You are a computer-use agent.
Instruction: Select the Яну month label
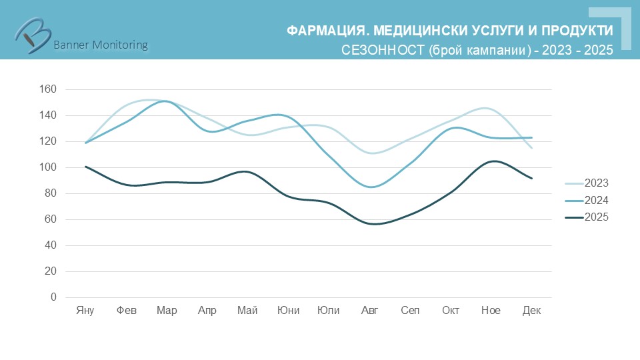click(x=85, y=311)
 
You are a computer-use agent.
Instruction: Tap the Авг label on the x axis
click(x=369, y=311)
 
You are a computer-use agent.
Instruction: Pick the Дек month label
click(x=531, y=311)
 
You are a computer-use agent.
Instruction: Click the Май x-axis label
click(x=247, y=311)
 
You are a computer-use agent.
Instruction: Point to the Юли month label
click(x=329, y=311)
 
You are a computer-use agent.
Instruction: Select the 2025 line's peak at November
click(x=492, y=161)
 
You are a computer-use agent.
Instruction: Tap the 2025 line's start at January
click(x=85, y=167)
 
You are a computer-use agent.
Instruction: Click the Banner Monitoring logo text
click(x=100, y=45)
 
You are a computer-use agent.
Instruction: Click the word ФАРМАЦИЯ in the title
click(x=325, y=31)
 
